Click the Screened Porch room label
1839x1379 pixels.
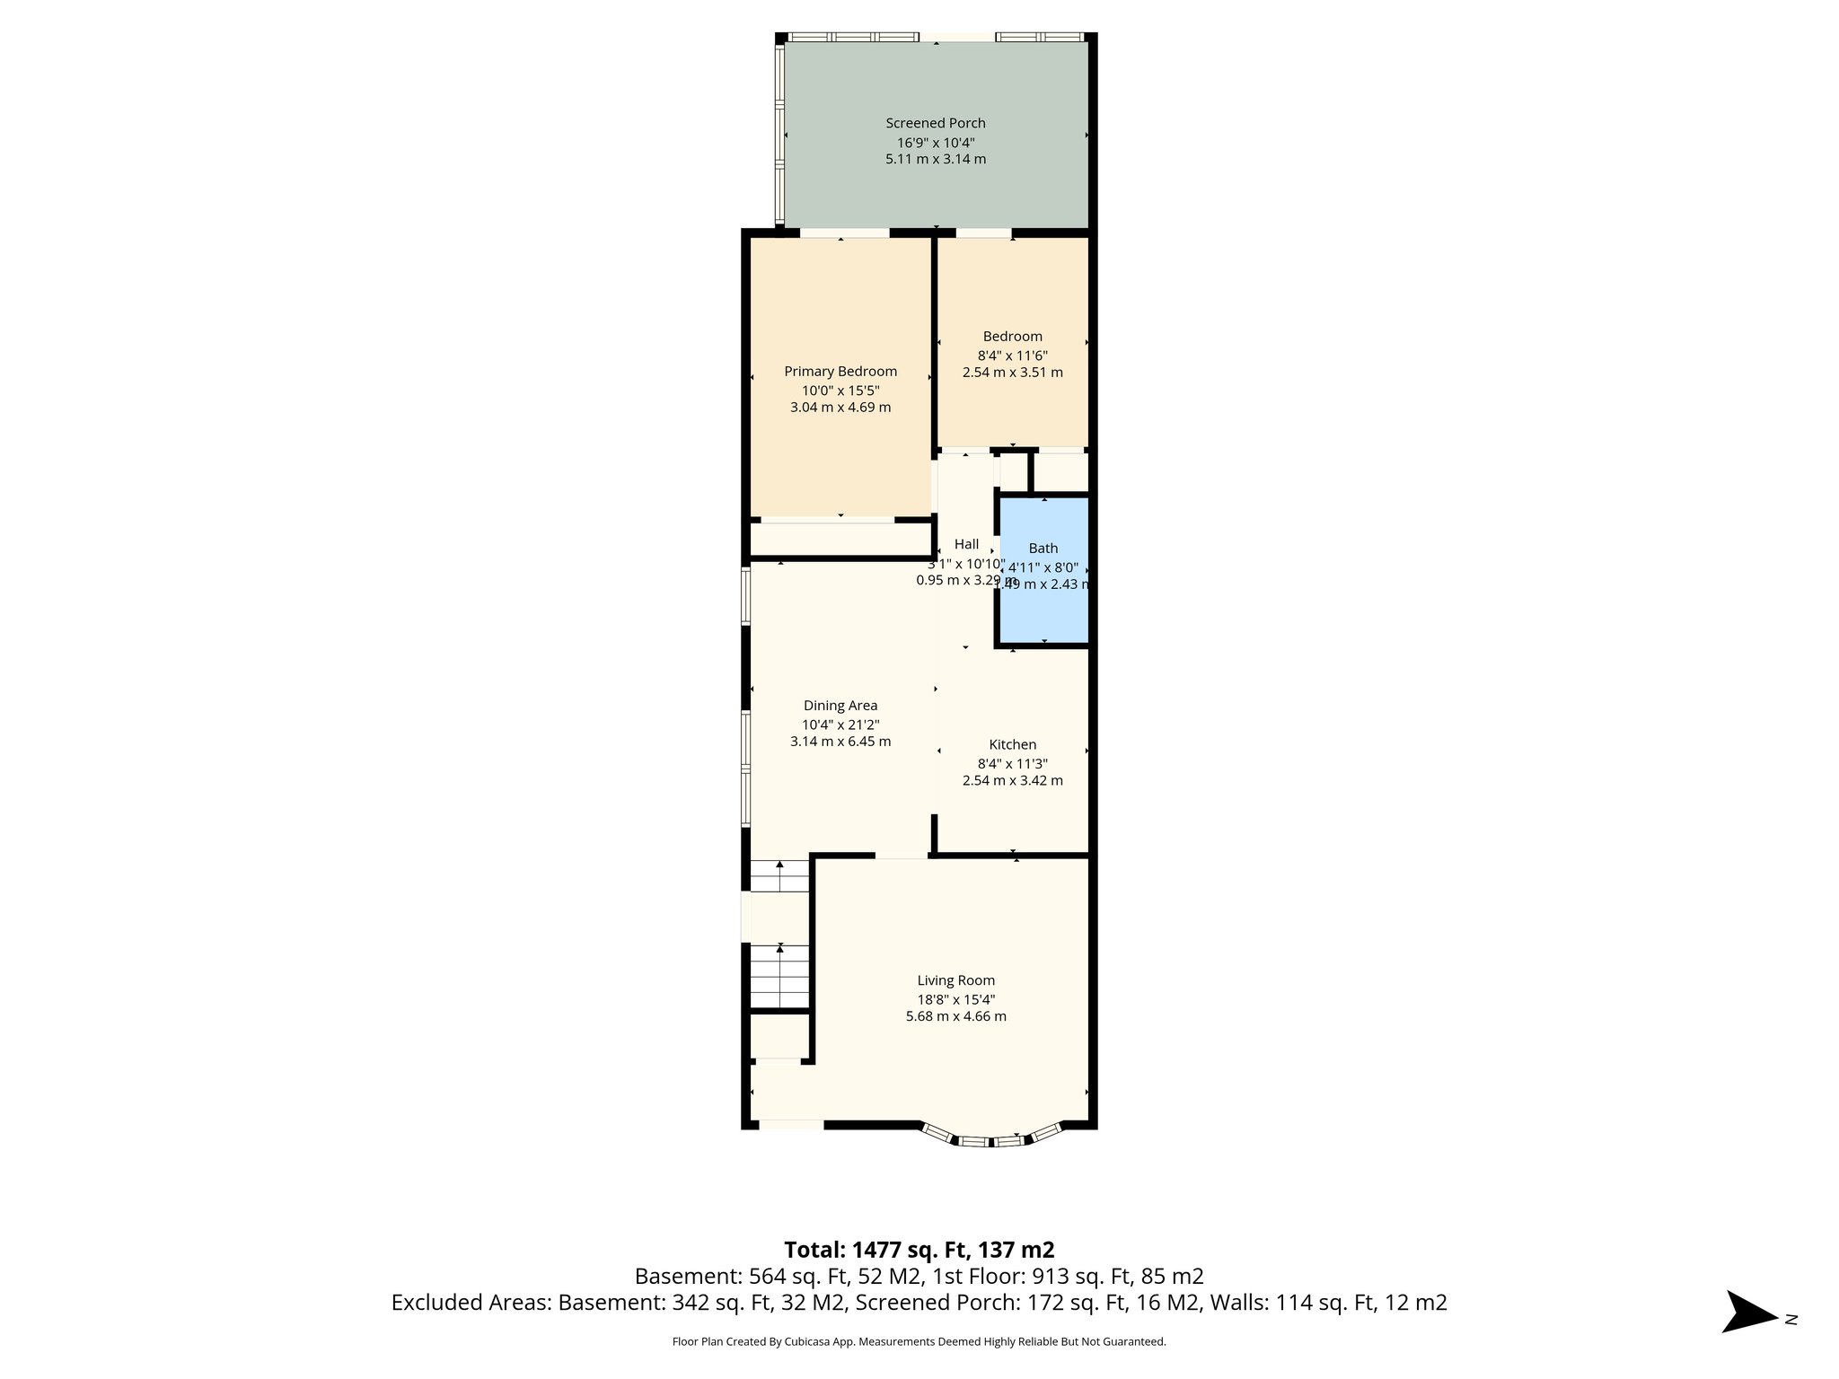pyautogui.click(x=935, y=123)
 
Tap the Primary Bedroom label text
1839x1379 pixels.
pyautogui.click(x=840, y=372)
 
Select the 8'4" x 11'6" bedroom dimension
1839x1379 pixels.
pyautogui.click(x=1012, y=356)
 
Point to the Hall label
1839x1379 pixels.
pyautogui.click(x=966, y=544)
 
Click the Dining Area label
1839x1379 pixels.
pyautogui.click(x=840, y=706)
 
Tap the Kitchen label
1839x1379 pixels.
pyautogui.click(x=1012, y=744)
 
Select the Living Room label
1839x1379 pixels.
pyautogui.click(x=955, y=980)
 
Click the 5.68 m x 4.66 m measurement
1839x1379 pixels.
pyautogui.click(x=955, y=1016)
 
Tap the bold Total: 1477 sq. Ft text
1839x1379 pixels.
pyautogui.click(x=919, y=1250)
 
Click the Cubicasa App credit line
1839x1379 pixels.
pyautogui.click(x=919, y=1342)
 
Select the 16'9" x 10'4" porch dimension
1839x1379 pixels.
pyautogui.click(x=935, y=143)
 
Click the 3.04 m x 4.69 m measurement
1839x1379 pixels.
pyautogui.click(x=840, y=408)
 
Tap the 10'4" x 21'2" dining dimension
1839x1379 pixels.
pyautogui.click(x=840, y=725)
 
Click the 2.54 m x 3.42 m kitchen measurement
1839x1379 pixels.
pyautogui.click(x=1012, y=780)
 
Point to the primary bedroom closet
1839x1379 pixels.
pyautogui.click(x=840, y=540)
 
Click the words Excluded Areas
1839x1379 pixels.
pyautogui.click(x=472, y=1303)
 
